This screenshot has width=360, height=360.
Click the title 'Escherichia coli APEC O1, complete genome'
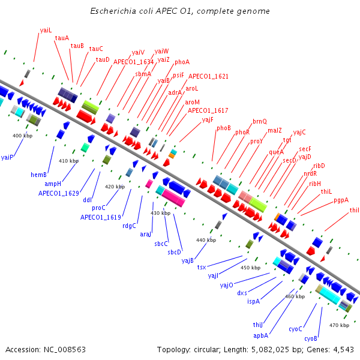180,11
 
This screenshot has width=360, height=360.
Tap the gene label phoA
182,62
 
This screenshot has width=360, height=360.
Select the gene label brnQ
260,121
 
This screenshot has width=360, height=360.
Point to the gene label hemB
39,175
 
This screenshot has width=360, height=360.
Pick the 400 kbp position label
22,136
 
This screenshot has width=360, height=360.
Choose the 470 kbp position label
339,325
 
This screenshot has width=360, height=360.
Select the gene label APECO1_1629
59,193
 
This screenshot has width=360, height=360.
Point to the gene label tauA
62,38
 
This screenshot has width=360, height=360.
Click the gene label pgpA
341,200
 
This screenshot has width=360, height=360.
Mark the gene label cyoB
311,338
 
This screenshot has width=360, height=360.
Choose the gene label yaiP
7,157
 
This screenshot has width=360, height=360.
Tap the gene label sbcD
174,252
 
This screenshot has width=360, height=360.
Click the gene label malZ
275,130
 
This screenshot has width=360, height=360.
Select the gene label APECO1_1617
208,110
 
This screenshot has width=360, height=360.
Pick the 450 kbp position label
250,268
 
